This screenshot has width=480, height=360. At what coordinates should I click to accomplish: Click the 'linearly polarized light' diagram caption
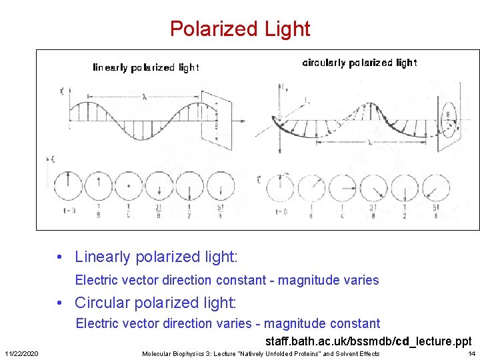(x=145, y=67)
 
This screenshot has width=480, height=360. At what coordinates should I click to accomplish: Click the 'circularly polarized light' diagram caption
(x=359, y=63)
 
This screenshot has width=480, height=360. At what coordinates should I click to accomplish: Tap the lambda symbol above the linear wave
(x=145, y=97)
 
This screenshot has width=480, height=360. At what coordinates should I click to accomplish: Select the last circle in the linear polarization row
(x=221, y=186)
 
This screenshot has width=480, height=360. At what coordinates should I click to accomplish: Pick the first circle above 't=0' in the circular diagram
(x=279, y=189)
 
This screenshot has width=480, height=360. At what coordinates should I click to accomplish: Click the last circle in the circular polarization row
(x=436, y=189)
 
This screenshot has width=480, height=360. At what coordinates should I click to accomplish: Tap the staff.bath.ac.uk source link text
(x=368, y=341)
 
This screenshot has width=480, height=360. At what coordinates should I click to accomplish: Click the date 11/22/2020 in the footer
(x=21, y=353)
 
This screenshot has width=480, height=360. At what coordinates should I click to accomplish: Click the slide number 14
(x=471, y=353)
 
